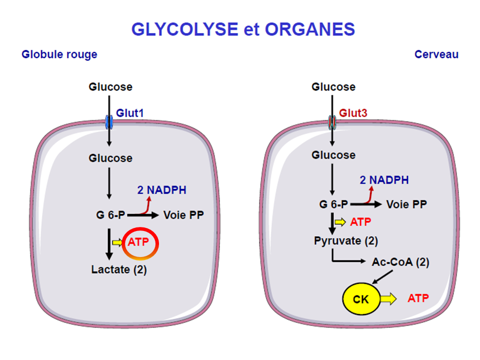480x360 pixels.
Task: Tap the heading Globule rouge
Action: point(59,54)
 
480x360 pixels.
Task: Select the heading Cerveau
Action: point(436,54)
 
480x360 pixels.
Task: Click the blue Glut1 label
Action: point(130,113)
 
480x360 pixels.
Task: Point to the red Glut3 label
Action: point(353,113)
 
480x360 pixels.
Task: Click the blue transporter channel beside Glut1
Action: point(109,122)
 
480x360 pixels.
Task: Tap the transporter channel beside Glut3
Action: point(332,122)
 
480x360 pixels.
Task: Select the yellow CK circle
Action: point(360,299)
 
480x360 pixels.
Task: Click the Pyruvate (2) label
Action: point(346,240)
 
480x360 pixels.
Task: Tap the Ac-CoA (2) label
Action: point(400,261)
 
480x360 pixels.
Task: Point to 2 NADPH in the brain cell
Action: point(384,180)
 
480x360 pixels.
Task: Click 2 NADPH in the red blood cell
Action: point(161,189)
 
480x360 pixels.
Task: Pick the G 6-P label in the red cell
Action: point(111,215)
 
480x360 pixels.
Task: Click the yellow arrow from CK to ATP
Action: point(388,299)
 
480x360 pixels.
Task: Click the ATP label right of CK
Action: point(418,298)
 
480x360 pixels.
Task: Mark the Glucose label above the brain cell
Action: point(333,87)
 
